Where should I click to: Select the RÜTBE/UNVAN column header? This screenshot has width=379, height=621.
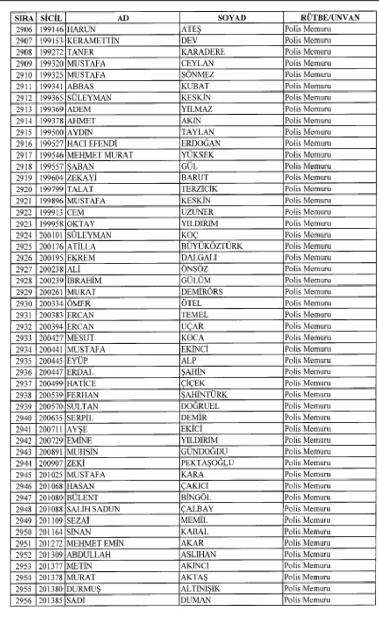(x=330, y=18)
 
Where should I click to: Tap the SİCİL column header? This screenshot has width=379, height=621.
(x=50, y=18)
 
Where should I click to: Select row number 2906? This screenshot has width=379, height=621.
(x=23, y=29)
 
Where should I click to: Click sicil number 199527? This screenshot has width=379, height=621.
(x=51, y=143)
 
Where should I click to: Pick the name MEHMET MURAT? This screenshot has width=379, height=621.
(x=99, y=154)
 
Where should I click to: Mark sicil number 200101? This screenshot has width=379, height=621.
(x=51, y=235)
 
